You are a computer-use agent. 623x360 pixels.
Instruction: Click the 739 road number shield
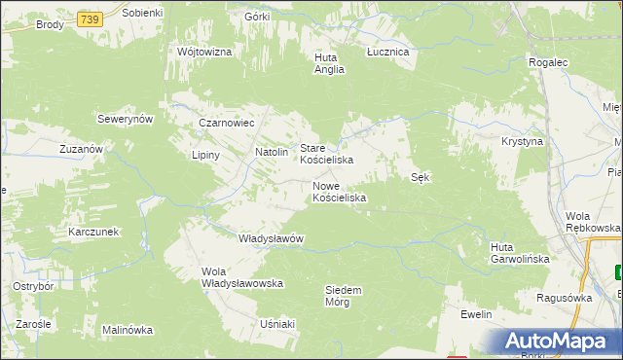pos(90,18)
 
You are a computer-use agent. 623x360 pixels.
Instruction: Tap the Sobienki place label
pos(143,12)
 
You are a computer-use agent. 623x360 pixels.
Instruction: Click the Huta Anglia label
pos(325,62)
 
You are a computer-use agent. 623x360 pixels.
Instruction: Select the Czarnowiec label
pos(226,124)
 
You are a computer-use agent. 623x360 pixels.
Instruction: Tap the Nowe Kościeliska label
pos(339,191)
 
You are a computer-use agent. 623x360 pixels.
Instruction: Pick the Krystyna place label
pos(522,141)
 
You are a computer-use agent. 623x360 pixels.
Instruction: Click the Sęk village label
pos(421,177)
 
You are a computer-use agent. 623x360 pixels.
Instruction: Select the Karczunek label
pos(92,232)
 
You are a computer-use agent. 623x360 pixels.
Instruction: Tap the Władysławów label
pos(273,238)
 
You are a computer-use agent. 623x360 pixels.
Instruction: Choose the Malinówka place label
pos(128,330)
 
